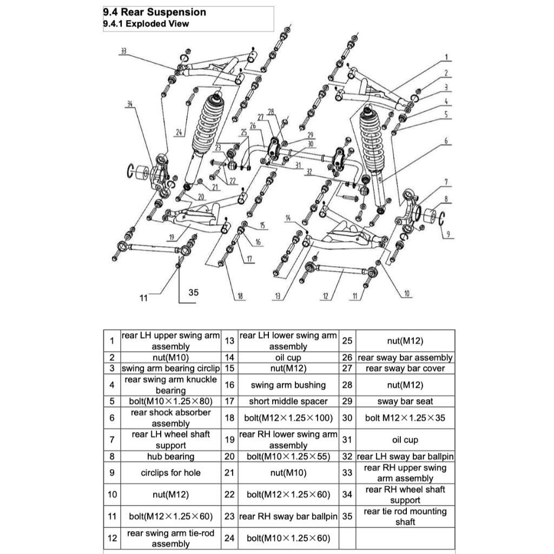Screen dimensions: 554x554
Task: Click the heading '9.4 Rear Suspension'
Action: pyautogui.click(x=154, y=12)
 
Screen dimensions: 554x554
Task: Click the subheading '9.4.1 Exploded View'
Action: pyautogui.click(x=146, y=24)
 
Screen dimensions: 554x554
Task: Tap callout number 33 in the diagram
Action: pyautogui.click(x=123, y=50)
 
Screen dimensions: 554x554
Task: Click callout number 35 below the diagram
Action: pyautogui.click(x=193, y=292)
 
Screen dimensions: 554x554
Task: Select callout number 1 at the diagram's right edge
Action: pyautogui.click(x=447, y=57)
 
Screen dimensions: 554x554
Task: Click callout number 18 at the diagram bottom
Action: pyautogui.click(x=239, y=296)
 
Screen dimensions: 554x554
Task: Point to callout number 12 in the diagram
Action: pyautogui.click(x=325, y=296)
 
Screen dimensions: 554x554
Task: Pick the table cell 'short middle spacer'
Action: pyautogui.click(x=288, y=401)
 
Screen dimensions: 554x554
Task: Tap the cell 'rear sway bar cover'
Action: pyautogui.click(x=405, y=368)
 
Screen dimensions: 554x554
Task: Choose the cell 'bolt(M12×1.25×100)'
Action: pyautogui.click(x=288, y=418)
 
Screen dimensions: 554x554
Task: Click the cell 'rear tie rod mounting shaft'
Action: pyautogui.click(x=405, y=516)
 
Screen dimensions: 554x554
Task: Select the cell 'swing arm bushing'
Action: pyautogui.click(x=288, y=385)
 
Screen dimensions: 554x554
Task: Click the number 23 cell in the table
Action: pyautogui.click(x=229, y=516)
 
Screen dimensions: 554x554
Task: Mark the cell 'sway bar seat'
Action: pyautogui.click(x=405, y=401)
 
